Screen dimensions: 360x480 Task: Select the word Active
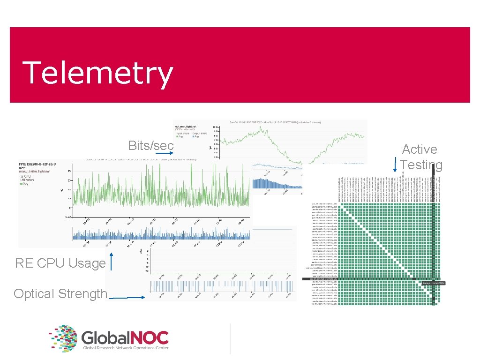[x=420, y=150]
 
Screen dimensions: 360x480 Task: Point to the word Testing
[x=421, y=165]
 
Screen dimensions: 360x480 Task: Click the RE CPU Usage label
[x=60, y=263]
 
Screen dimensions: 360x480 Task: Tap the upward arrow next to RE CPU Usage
[x=111, y=262]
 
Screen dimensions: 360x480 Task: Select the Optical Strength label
[x=60, y=294]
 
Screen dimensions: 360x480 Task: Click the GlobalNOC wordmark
[x=125, y=337]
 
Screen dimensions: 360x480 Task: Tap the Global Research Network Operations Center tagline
[x=126, y=348]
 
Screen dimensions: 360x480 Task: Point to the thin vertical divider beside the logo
[x=230, y=338]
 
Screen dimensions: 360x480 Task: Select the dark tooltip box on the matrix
[x=433, y=283]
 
